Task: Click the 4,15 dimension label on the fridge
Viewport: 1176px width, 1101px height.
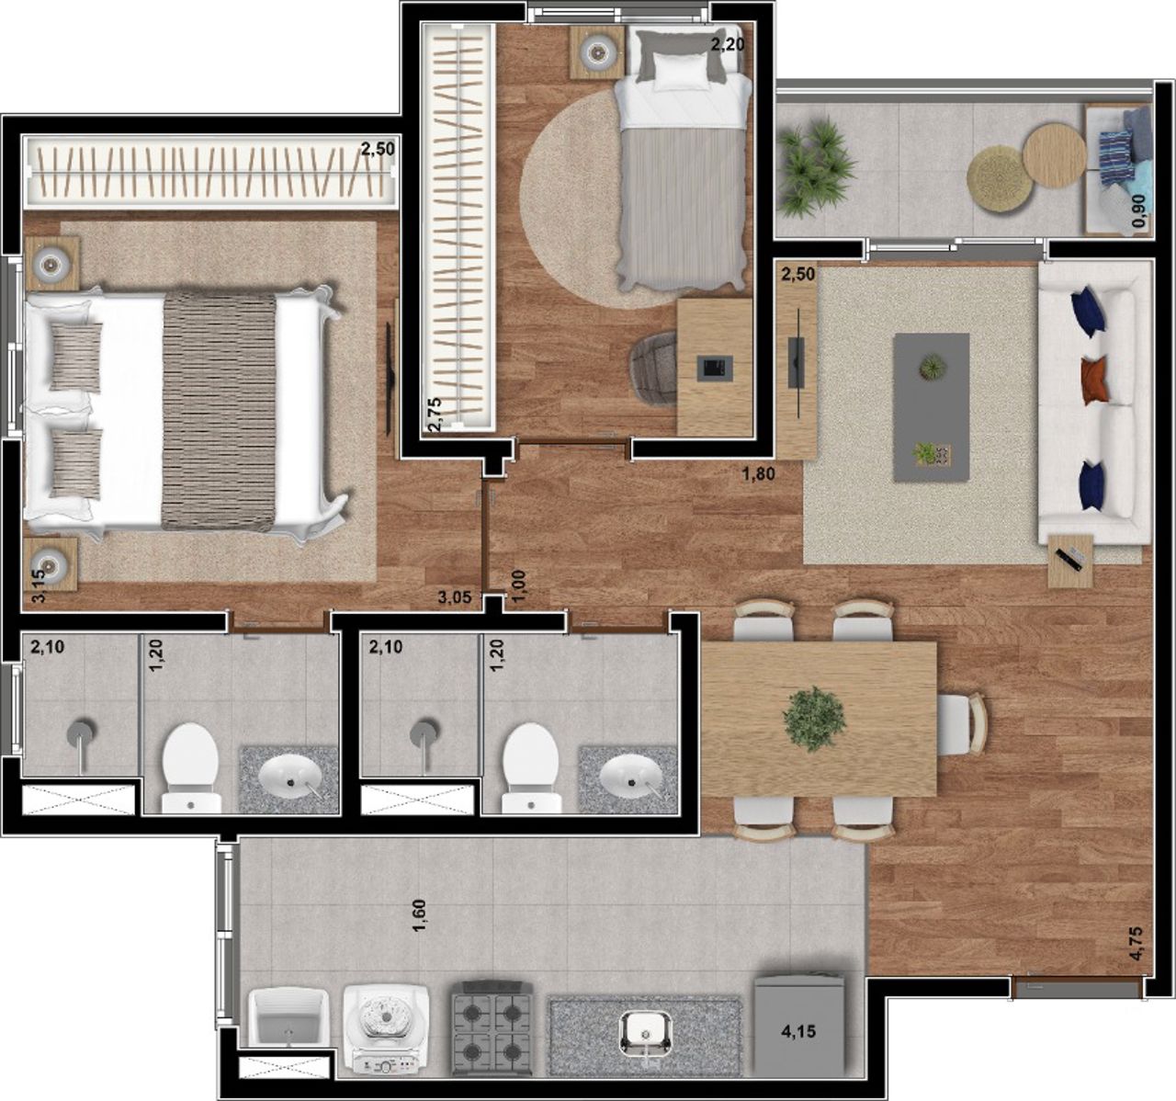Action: pos(798,1032)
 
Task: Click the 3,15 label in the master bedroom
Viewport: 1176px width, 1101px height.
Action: pos(40,586)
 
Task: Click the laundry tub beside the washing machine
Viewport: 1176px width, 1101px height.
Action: pos(289,1017)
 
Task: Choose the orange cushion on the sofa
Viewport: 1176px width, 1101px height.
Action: pos(1093,380)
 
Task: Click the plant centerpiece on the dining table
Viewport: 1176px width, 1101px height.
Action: pos(814,719)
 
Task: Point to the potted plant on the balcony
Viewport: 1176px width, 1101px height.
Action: pos(814,165)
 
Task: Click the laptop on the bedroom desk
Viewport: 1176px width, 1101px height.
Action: pos(718,366)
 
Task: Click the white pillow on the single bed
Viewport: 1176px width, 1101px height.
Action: pos(682,74)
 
